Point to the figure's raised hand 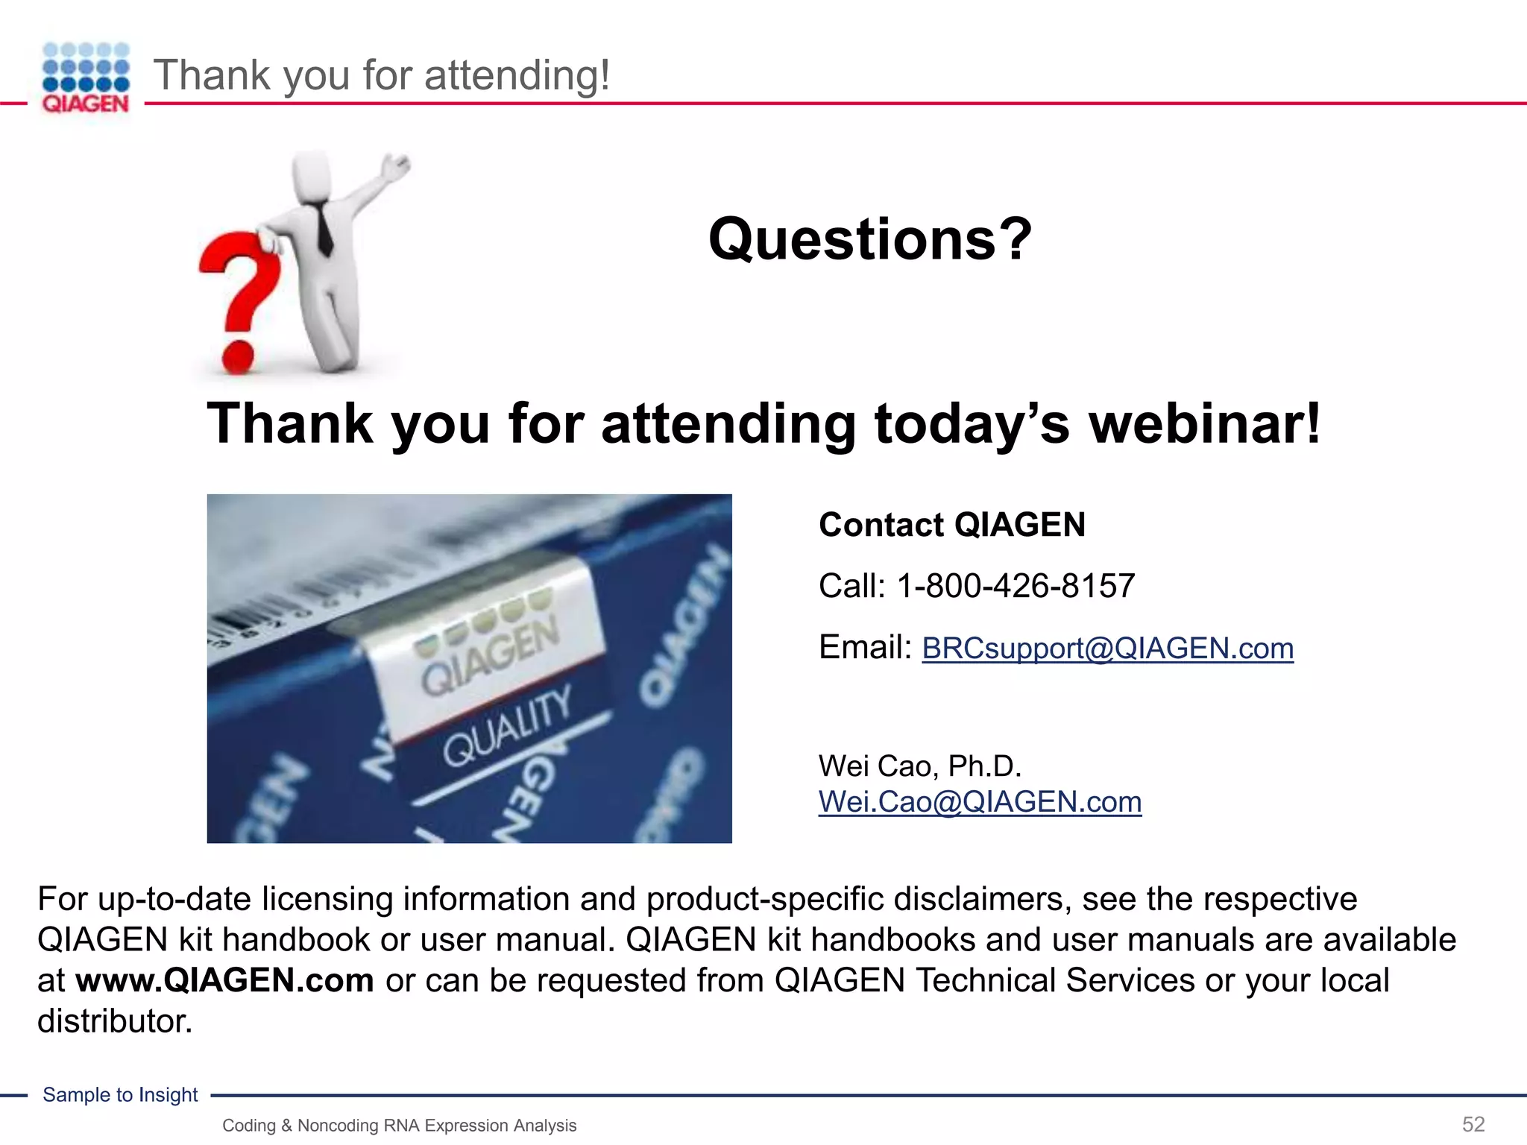pyautogui.click(x=394, y=166)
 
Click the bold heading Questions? pyautogui.click(x=869, y=239)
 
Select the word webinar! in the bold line pyautogui.click(x=1204, y=423)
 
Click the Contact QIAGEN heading pyautogui.click(x=951, y=525)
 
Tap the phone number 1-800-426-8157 pyautogui.click(x=1015, y=586)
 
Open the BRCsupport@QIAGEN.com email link pyautogui.click(x=1107, y=649)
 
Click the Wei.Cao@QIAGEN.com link pyautogui.click(x=980, y=802)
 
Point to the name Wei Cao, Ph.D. pyautogui.click(x=919, y=766)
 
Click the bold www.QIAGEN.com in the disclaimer pyautogui.click(x=224, y=980)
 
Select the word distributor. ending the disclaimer pyautogui.click(x=115, y=1021)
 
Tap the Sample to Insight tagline pyautogui.click(x=120, y=1094)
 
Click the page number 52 pyautogui.click(x=1473, y=1124)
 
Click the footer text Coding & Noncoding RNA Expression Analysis pyautogui.click(x=399, y=1126)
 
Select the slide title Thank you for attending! pyautogui.click(x=382, y=75)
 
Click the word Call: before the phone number pyautogui.click(x=851, y=586)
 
